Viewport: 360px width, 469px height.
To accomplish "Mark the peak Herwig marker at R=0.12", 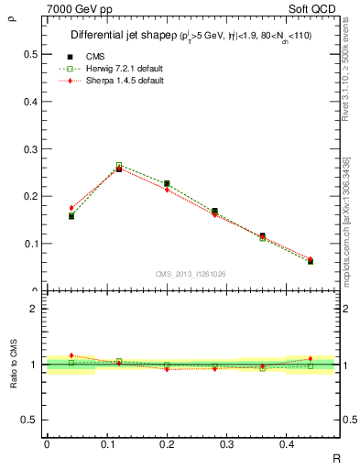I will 119,166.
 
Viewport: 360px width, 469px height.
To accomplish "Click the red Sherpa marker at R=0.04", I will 71,208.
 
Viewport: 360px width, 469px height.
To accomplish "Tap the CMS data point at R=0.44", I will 310,262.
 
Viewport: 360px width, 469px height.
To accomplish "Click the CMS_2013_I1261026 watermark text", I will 191,273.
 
